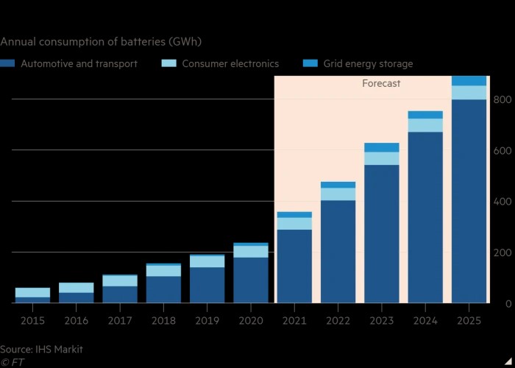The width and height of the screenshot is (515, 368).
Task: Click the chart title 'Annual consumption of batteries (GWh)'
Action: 102,41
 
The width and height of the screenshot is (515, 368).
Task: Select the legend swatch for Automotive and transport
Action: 8,64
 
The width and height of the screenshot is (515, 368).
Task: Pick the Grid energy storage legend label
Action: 368,64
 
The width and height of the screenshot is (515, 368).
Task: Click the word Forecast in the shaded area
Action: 381,84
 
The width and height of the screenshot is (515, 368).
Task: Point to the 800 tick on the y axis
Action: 502,100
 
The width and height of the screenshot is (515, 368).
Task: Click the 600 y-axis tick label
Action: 502,151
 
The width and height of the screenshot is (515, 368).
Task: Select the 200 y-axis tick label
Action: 502,253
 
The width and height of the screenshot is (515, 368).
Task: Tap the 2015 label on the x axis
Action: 32,321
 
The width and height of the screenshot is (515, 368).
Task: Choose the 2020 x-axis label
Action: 251,321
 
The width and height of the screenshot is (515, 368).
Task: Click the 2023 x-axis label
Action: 382,321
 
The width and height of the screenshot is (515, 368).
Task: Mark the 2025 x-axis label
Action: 469,321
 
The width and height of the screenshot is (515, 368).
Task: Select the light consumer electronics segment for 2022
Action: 338,194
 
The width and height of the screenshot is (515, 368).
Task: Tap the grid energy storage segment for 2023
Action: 382,147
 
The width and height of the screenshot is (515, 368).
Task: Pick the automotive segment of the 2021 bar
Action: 294,266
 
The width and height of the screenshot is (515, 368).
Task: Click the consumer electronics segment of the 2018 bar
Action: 163,270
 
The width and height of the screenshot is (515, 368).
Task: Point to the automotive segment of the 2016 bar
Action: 77,297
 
